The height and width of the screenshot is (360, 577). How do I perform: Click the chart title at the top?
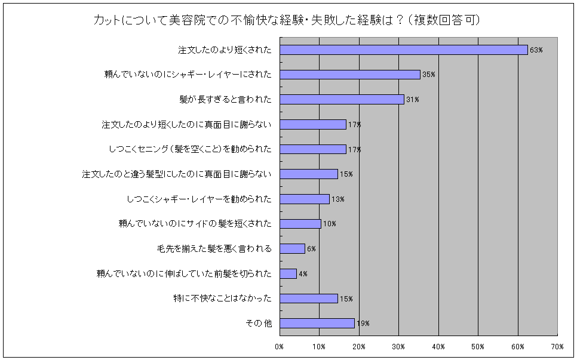point(287,20)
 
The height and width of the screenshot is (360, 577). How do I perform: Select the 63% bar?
point(403,50)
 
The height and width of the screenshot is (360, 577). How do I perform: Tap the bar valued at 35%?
point(349,75)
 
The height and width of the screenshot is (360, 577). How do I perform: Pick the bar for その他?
point(317,323)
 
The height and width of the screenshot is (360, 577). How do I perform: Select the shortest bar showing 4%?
point(288,273)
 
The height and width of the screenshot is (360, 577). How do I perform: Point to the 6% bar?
point(292,248)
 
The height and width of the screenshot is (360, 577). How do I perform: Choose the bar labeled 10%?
point(300,224)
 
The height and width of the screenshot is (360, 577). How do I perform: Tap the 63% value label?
point(536,50)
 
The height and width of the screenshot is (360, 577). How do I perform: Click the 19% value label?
point(363,324)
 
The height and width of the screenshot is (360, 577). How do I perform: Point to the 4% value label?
point(303,274)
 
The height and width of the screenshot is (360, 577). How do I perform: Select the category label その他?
point(259,323)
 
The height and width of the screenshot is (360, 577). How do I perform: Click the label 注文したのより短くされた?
point(225,50)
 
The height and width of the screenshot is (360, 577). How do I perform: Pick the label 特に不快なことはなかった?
point(222,299)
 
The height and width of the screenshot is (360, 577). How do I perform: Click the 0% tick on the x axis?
point(279,346)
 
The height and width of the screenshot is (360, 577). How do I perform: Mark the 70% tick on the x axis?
point(557,346)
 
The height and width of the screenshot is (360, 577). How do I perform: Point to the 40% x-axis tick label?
point(438,346)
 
